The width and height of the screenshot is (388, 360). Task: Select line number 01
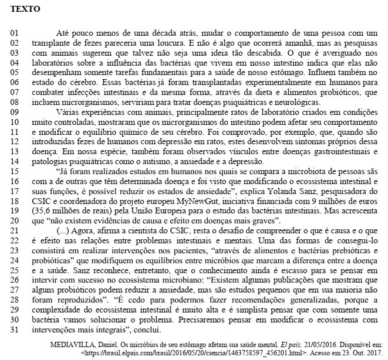[x=17, y=35]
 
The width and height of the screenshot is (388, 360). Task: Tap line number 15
[x=17, y=172]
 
